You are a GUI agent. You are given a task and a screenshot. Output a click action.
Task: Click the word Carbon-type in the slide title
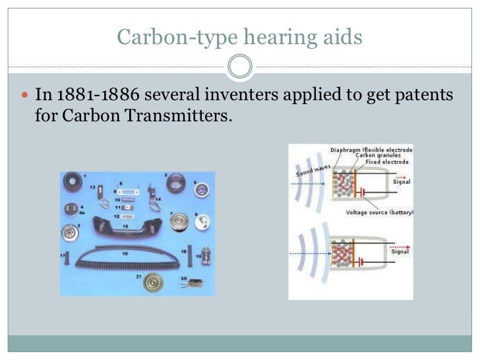(x=171, y=37)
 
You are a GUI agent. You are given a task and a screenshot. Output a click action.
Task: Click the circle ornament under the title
(x=239, y=67)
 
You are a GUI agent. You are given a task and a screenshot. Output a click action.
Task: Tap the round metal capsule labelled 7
(x=180, y=221)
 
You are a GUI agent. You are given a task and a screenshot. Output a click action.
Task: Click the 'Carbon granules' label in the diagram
(x=382, y=156)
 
